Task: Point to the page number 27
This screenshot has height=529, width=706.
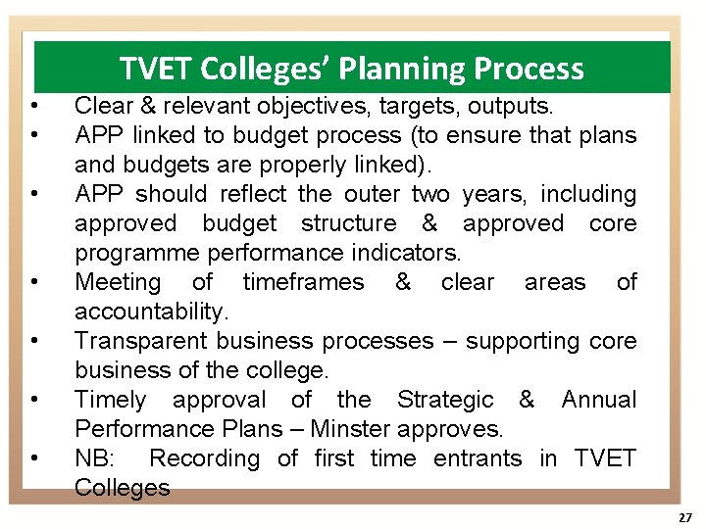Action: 684,517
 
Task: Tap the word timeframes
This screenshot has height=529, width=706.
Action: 303,282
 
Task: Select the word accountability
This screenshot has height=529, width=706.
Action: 150,312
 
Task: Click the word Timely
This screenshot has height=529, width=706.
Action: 110,400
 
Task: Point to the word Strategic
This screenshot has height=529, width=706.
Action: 445,400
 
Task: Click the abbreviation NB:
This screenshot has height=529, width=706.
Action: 95,458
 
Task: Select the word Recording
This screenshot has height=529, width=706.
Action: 204,458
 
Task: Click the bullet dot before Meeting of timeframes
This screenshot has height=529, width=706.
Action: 34,282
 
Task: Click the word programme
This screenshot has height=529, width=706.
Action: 137,253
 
